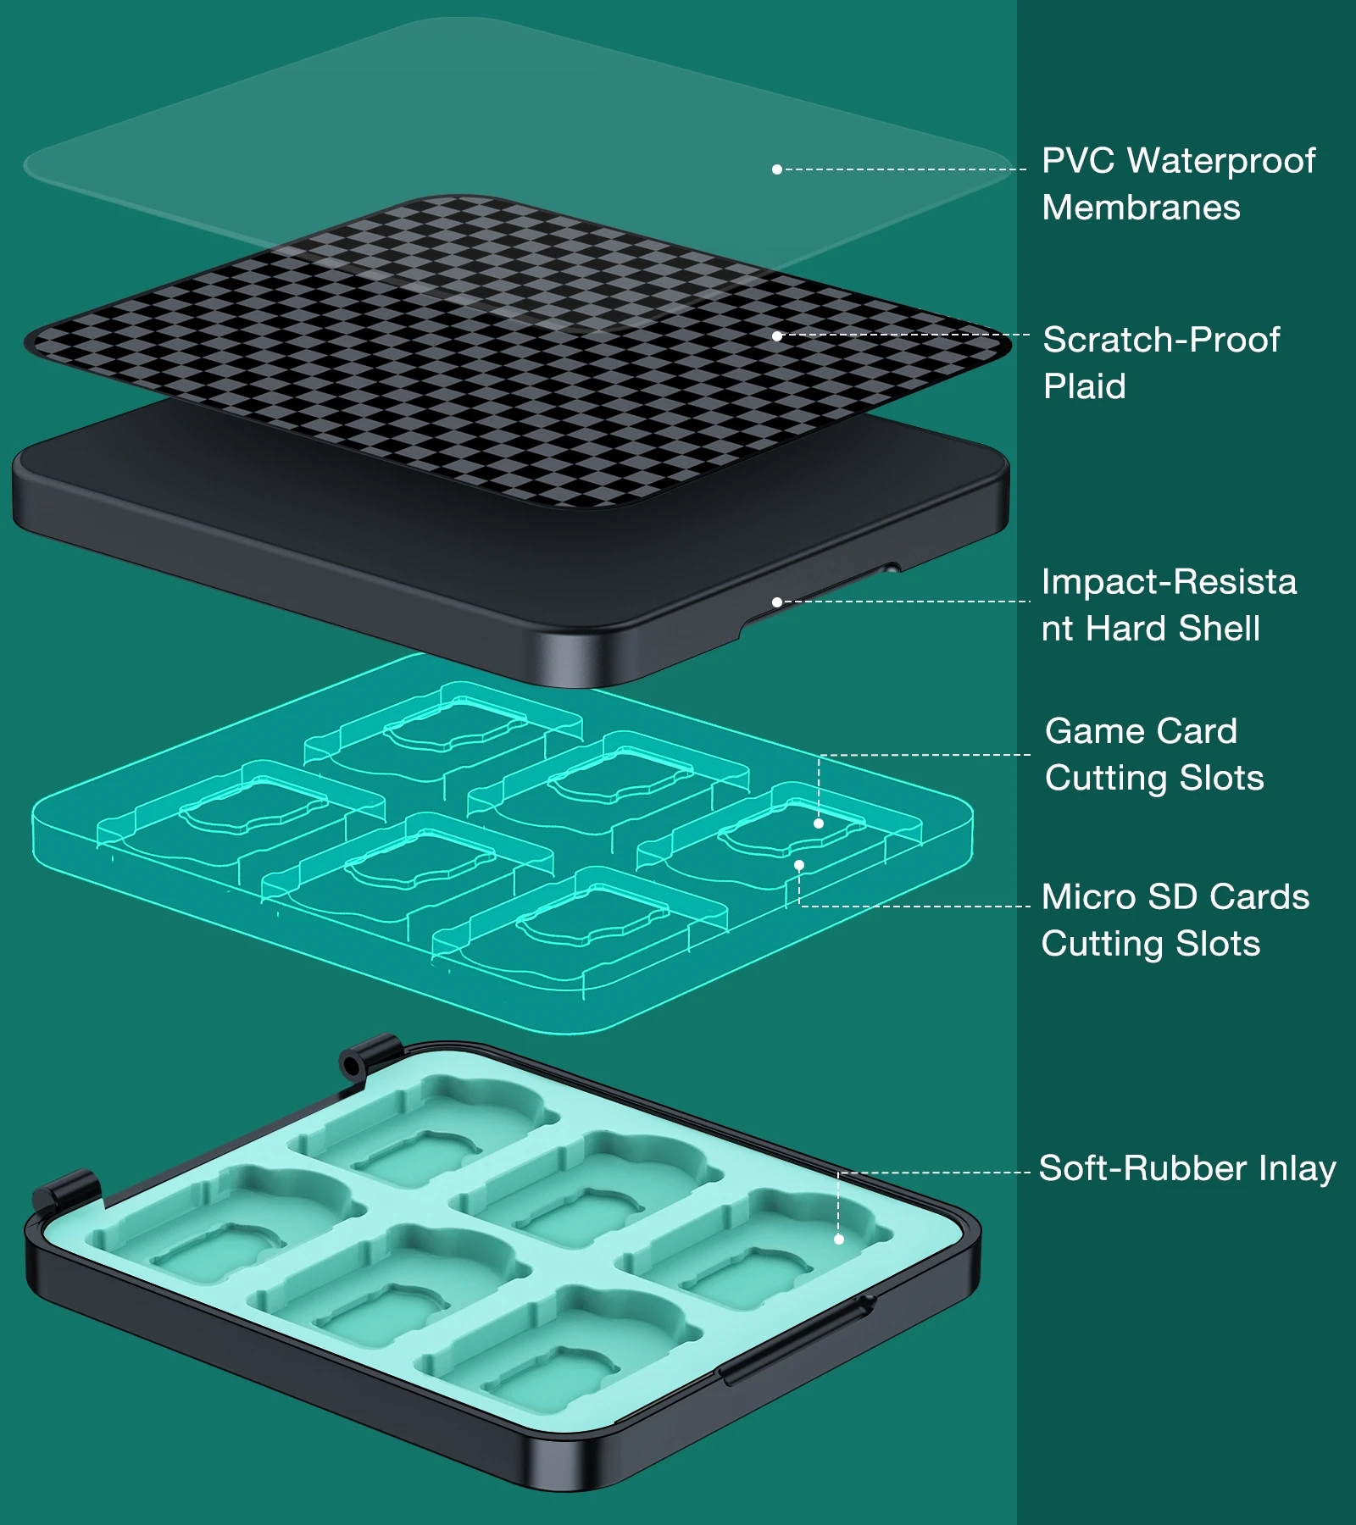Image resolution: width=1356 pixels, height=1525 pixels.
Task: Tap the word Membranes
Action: point(1141,208)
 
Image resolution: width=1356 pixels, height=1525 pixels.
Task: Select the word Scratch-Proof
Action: point(1161,340)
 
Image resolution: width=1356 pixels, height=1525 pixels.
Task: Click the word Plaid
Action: point(1085,386)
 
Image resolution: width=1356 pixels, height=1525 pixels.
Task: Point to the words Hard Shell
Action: point(1173,629)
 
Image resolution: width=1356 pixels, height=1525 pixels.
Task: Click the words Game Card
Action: point(1141,731)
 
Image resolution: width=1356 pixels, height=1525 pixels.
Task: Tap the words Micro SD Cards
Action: point(1175,897)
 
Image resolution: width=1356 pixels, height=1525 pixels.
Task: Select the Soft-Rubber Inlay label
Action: point(1187,1168)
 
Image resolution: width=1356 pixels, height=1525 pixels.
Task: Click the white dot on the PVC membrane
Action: point(776,169)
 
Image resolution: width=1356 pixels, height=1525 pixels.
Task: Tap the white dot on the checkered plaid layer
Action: point(776,336)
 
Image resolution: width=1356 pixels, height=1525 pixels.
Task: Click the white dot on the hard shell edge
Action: point(776,602)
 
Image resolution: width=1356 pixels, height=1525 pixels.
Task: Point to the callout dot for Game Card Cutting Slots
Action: point(819,823)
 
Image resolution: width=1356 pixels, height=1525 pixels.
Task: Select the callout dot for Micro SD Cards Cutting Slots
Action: point(799,865)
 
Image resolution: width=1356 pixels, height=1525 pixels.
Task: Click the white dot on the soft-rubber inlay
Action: point(839,1239)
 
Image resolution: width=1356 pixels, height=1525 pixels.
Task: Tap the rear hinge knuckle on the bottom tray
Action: point(370,1056)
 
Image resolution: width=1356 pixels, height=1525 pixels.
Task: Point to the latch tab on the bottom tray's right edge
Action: point(795,1339)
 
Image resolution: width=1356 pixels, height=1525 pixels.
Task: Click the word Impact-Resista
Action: point(1169,582)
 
